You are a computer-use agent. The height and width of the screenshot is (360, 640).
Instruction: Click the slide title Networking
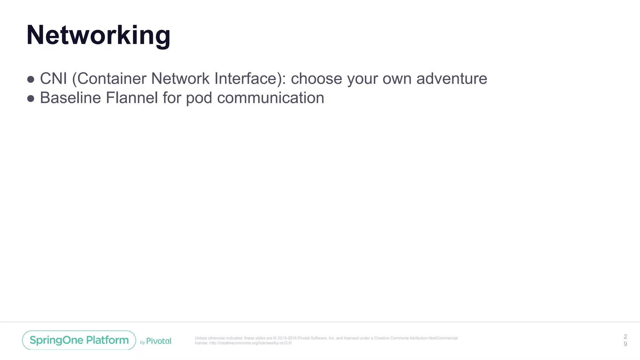tap(98, 35)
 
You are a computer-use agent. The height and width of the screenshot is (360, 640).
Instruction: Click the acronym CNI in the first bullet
tap(53, 78)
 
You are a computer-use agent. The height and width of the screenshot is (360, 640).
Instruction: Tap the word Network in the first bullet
tap(180, 78)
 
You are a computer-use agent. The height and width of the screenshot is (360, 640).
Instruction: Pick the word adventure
tap(452, 78)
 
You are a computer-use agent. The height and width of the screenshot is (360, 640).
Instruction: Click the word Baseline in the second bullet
tap(70, 98)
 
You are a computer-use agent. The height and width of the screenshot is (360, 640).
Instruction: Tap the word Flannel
tap(132, 98)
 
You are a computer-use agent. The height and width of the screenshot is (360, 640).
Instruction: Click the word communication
tap(270, 98)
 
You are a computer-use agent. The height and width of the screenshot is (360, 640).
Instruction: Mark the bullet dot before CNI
tap(31, 79)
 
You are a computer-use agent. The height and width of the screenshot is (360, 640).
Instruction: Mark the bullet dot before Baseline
tap(31, 99)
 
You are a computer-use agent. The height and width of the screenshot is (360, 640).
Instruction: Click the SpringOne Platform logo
tap(79, 340)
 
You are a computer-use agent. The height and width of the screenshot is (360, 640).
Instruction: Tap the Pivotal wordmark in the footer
tap(159, 341)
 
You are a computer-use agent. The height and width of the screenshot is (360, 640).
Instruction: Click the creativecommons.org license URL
tap(250, 343)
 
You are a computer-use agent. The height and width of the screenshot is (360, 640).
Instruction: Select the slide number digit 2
tap(625, 337)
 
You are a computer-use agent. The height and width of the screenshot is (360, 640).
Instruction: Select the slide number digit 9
tap(625, 344)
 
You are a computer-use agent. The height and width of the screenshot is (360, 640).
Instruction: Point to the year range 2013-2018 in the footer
tap(287, 338)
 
